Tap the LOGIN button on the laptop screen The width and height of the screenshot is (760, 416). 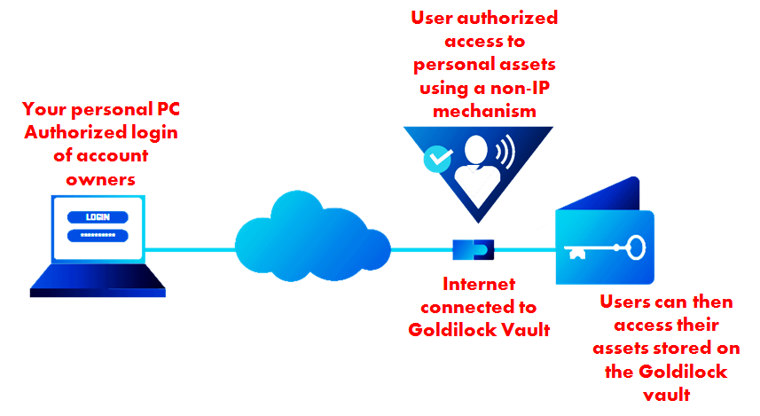click(98, 216)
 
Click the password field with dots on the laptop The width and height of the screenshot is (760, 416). click(98, 235)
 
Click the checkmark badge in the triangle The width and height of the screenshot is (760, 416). click(436, 159)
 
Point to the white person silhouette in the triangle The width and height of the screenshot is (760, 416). click(474, 169)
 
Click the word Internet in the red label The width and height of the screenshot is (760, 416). click(479, 286)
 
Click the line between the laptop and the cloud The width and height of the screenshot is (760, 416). click(191, 249)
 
